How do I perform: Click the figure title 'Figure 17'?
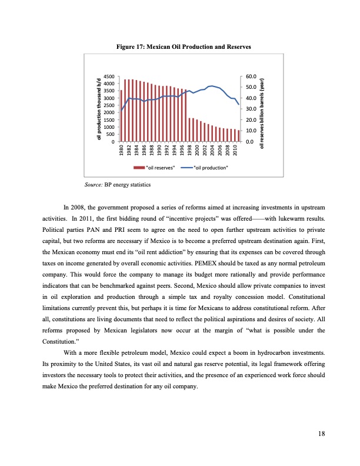click(x=184, y=46)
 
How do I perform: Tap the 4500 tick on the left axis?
click(x=108, y=76)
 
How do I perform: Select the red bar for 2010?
click(x=238, y=136)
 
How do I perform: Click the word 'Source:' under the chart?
click(x=94, y=185)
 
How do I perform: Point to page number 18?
click(x=321, y=434)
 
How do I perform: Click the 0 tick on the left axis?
click(x=112, y=141)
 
